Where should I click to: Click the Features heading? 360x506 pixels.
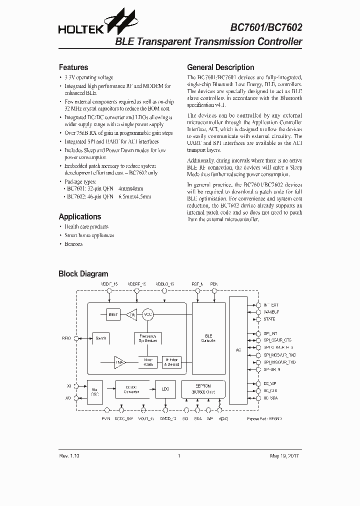pos(73,67)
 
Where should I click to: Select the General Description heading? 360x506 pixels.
pos(220,67)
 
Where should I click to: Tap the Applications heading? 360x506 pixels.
pos(80,216)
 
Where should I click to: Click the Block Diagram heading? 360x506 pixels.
pos(83,273)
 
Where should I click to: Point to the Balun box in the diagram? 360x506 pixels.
pos(112,314)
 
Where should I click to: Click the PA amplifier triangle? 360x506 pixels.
pos(131,314)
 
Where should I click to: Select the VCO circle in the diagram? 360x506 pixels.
pos(148,314)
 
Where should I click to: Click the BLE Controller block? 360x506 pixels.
pos(208,337)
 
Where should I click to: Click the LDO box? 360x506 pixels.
pos(165,389)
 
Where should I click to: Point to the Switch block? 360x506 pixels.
pos(101,338)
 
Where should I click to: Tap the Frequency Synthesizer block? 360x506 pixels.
pos(147,338)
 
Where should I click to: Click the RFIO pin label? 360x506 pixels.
pos(66,338)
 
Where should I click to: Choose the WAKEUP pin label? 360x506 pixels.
pos(271,311)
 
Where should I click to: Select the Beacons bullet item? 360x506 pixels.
pos(73,244)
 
